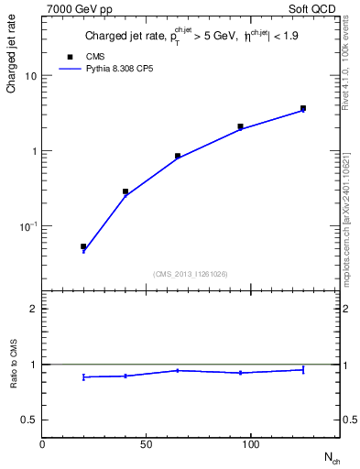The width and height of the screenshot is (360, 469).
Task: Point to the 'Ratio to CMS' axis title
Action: [x=15, y=364]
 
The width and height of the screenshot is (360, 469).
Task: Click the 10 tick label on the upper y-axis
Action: [x=30, y=76]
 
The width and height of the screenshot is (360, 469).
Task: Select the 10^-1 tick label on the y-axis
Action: [x=27, y=225]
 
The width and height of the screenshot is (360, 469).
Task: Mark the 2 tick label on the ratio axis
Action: [x=33, y=309]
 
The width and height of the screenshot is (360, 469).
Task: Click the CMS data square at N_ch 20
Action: [x=83, y=246]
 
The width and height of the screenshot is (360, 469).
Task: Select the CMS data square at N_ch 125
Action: [x=303, y=108]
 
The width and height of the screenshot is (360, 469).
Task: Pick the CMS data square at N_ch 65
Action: [x=178, y=156]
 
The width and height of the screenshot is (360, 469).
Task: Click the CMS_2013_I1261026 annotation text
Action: [x=190, y=273]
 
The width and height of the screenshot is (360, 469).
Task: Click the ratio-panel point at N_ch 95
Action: [x=240, y=373]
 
